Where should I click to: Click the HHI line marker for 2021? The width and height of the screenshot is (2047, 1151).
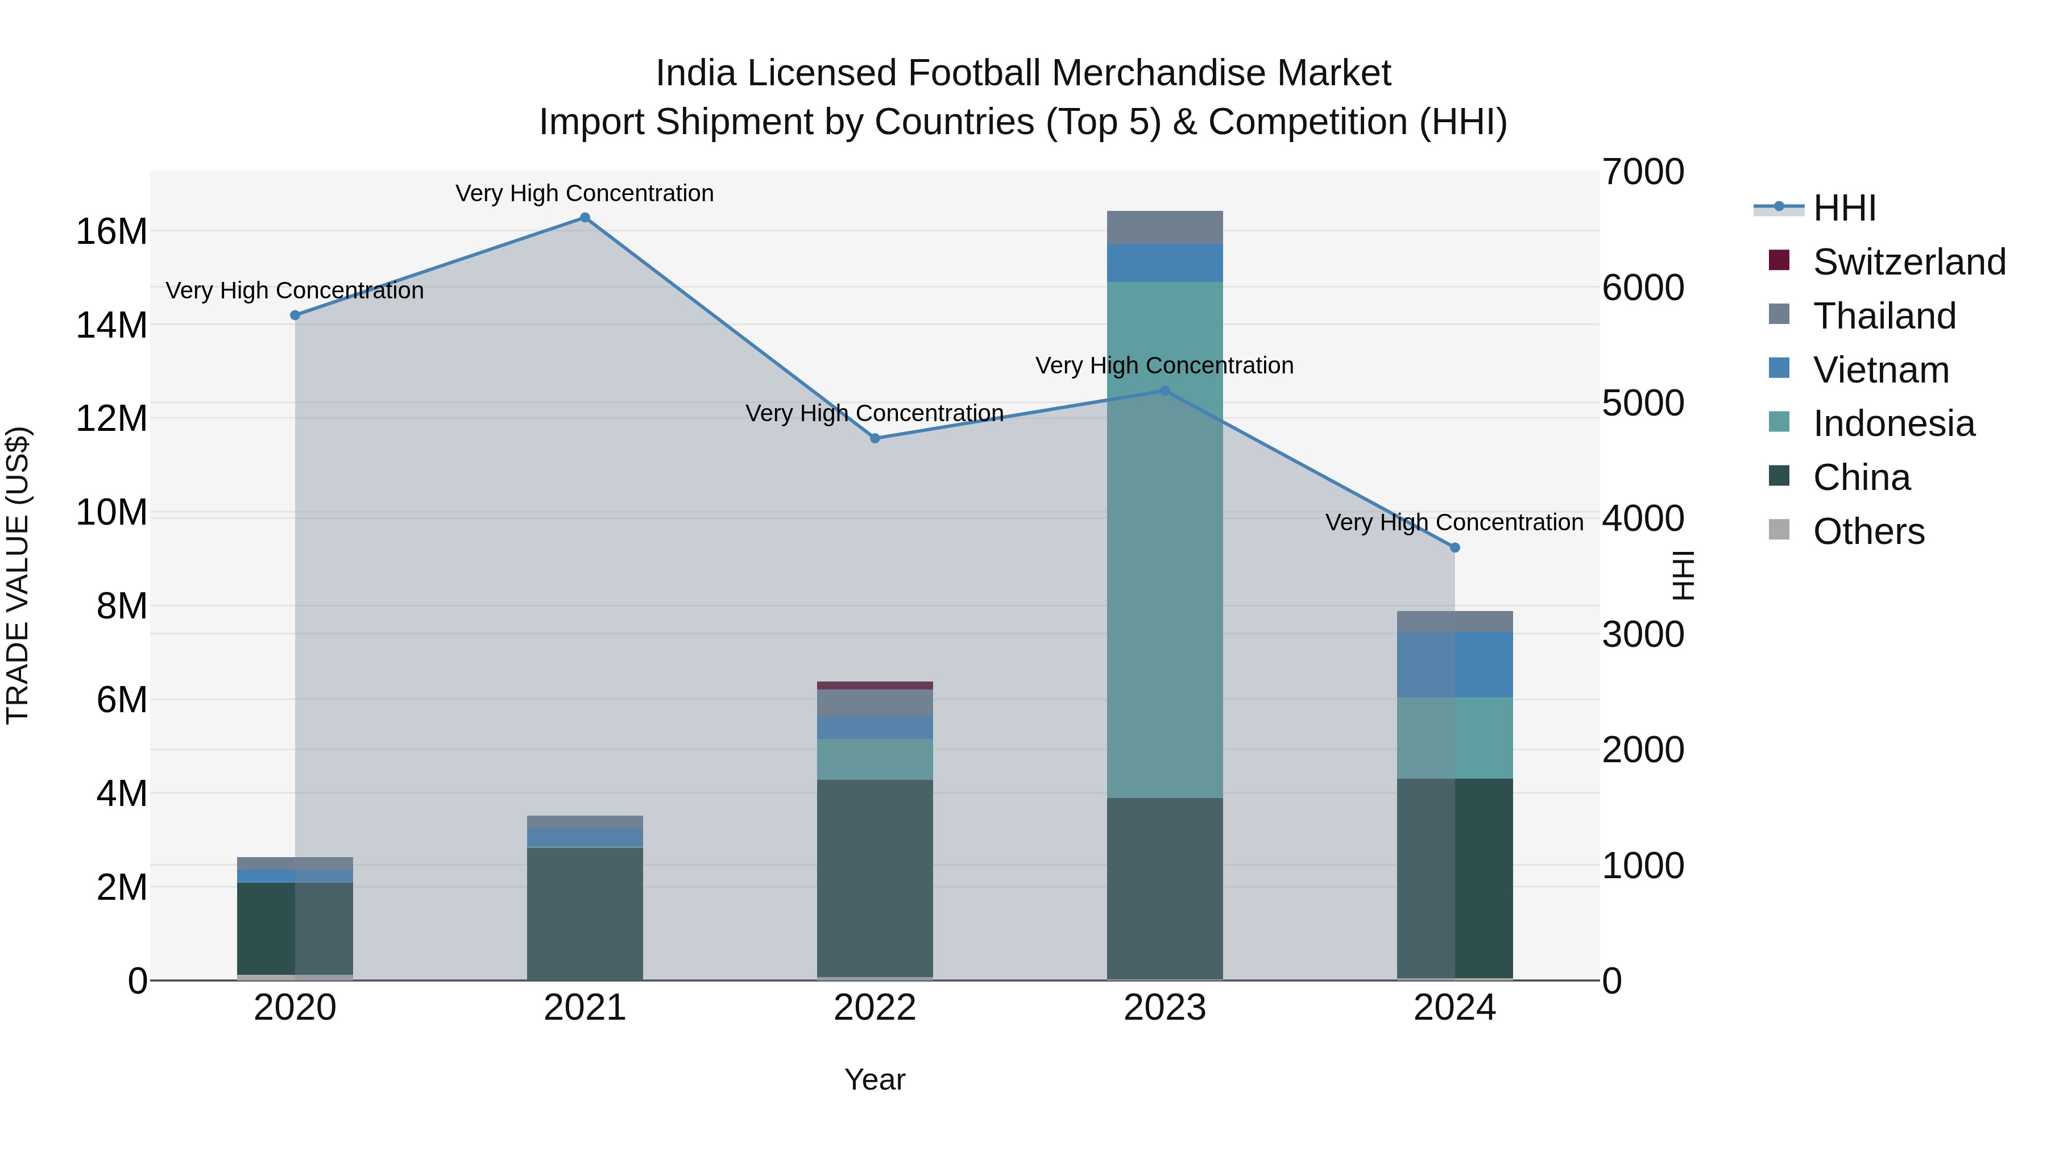(585, 218)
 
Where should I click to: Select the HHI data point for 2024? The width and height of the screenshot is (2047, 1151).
(1455, 547)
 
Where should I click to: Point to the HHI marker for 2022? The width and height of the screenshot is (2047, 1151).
(875, 438)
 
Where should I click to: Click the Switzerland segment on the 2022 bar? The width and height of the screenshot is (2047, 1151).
(875, 685)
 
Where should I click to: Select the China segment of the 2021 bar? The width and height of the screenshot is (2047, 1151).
(585, 913)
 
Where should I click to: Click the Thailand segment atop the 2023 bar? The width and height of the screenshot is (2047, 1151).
(1165, 227)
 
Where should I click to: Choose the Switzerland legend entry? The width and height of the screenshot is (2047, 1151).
(1909, 262)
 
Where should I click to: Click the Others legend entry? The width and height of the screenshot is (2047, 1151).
(1868, 531)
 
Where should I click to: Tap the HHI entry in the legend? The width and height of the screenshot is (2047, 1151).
(1845, 208)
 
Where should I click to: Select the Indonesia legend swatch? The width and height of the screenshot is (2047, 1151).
(1779, 422)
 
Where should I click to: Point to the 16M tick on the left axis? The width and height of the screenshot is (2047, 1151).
(111, 232)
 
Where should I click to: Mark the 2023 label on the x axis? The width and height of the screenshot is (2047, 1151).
(1165, 1008)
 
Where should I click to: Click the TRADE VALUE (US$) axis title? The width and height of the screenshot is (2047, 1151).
(18, 575)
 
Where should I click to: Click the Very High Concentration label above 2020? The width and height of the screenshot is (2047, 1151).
(295, 290)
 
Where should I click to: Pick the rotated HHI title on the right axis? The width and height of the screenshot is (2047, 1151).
(1683, 575)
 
